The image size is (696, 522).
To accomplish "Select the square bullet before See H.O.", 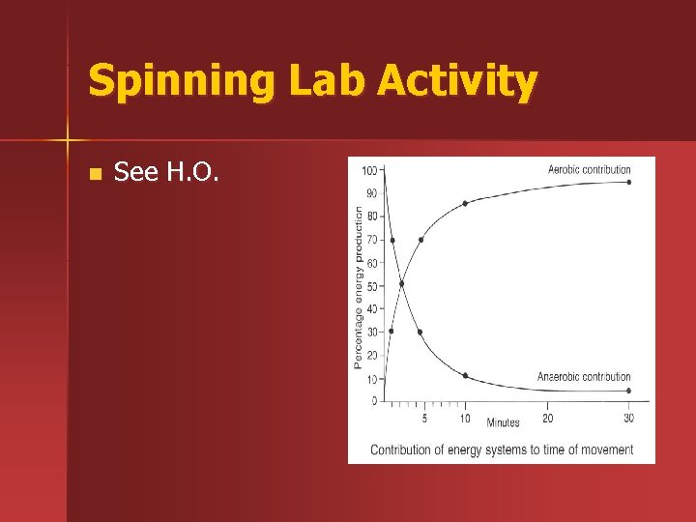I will tap(93, 175).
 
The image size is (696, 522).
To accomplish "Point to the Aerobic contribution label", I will tap(589, 170).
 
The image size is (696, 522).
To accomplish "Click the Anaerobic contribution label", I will tap(583, 377).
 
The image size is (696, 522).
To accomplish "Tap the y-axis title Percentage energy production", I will tap(359, 288).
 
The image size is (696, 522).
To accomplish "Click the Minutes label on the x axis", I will tap(503, 422).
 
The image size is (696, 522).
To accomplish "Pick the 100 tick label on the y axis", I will tap(369, 171).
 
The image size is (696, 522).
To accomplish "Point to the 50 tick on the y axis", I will tap(371, 286).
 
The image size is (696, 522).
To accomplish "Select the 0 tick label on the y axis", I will tap(375, 401).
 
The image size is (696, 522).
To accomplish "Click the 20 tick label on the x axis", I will tap(547, 419).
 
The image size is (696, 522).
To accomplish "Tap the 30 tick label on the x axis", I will tap(628, 419).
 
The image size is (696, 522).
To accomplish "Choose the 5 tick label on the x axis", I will tap(424, 419).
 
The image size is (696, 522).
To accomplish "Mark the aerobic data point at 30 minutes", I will tap(628, 182).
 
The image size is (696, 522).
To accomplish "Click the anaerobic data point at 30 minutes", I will tap(628, 391).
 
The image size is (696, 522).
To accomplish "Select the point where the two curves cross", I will tap(401, 284).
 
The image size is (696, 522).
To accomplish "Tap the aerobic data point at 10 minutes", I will tap(465, 203).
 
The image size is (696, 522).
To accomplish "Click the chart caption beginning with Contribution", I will tap(501, 449).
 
